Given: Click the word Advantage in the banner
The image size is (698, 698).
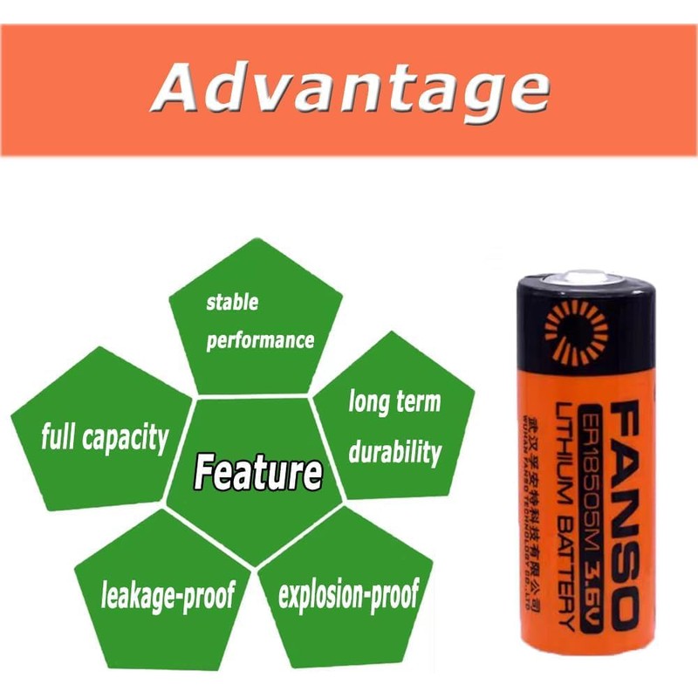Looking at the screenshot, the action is point(349,90).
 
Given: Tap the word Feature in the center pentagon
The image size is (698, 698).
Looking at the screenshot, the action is point(257,472).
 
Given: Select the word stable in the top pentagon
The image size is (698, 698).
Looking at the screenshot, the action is point(232,303).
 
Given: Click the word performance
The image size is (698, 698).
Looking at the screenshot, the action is point(260,339).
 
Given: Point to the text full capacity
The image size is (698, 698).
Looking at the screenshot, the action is point(105,437).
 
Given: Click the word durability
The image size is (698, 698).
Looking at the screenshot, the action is point(394,452).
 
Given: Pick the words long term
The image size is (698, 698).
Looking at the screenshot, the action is point(394,402).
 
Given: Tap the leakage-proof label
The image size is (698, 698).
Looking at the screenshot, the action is point(168,596).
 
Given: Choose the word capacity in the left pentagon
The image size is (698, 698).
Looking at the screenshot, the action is point(128,437).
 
